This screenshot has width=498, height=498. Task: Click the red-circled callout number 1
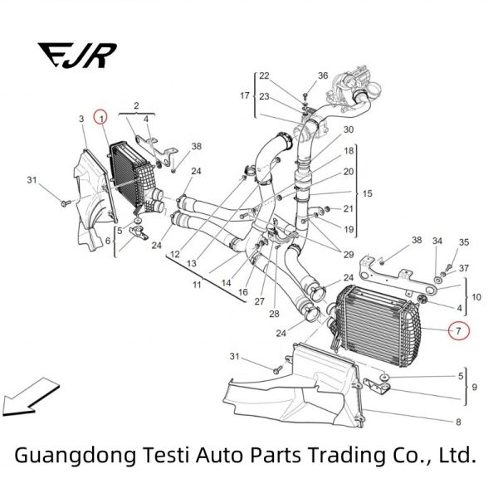pos(101,119)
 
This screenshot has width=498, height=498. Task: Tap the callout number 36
pos(323,76)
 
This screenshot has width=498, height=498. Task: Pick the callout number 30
pos(349,129)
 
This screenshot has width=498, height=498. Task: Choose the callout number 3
pos(82,120)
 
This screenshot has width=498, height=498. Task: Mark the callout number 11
pos(197,284)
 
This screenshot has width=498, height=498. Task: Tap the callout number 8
pos(457,422)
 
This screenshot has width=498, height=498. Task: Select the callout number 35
pos(464,242)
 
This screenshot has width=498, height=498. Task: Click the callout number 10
pos(476,296)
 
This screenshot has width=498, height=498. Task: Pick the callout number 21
pos(349,208)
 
